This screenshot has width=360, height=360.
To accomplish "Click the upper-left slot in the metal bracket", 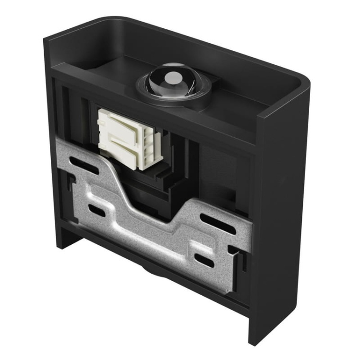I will pyautogui.click(x=84, y=165).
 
